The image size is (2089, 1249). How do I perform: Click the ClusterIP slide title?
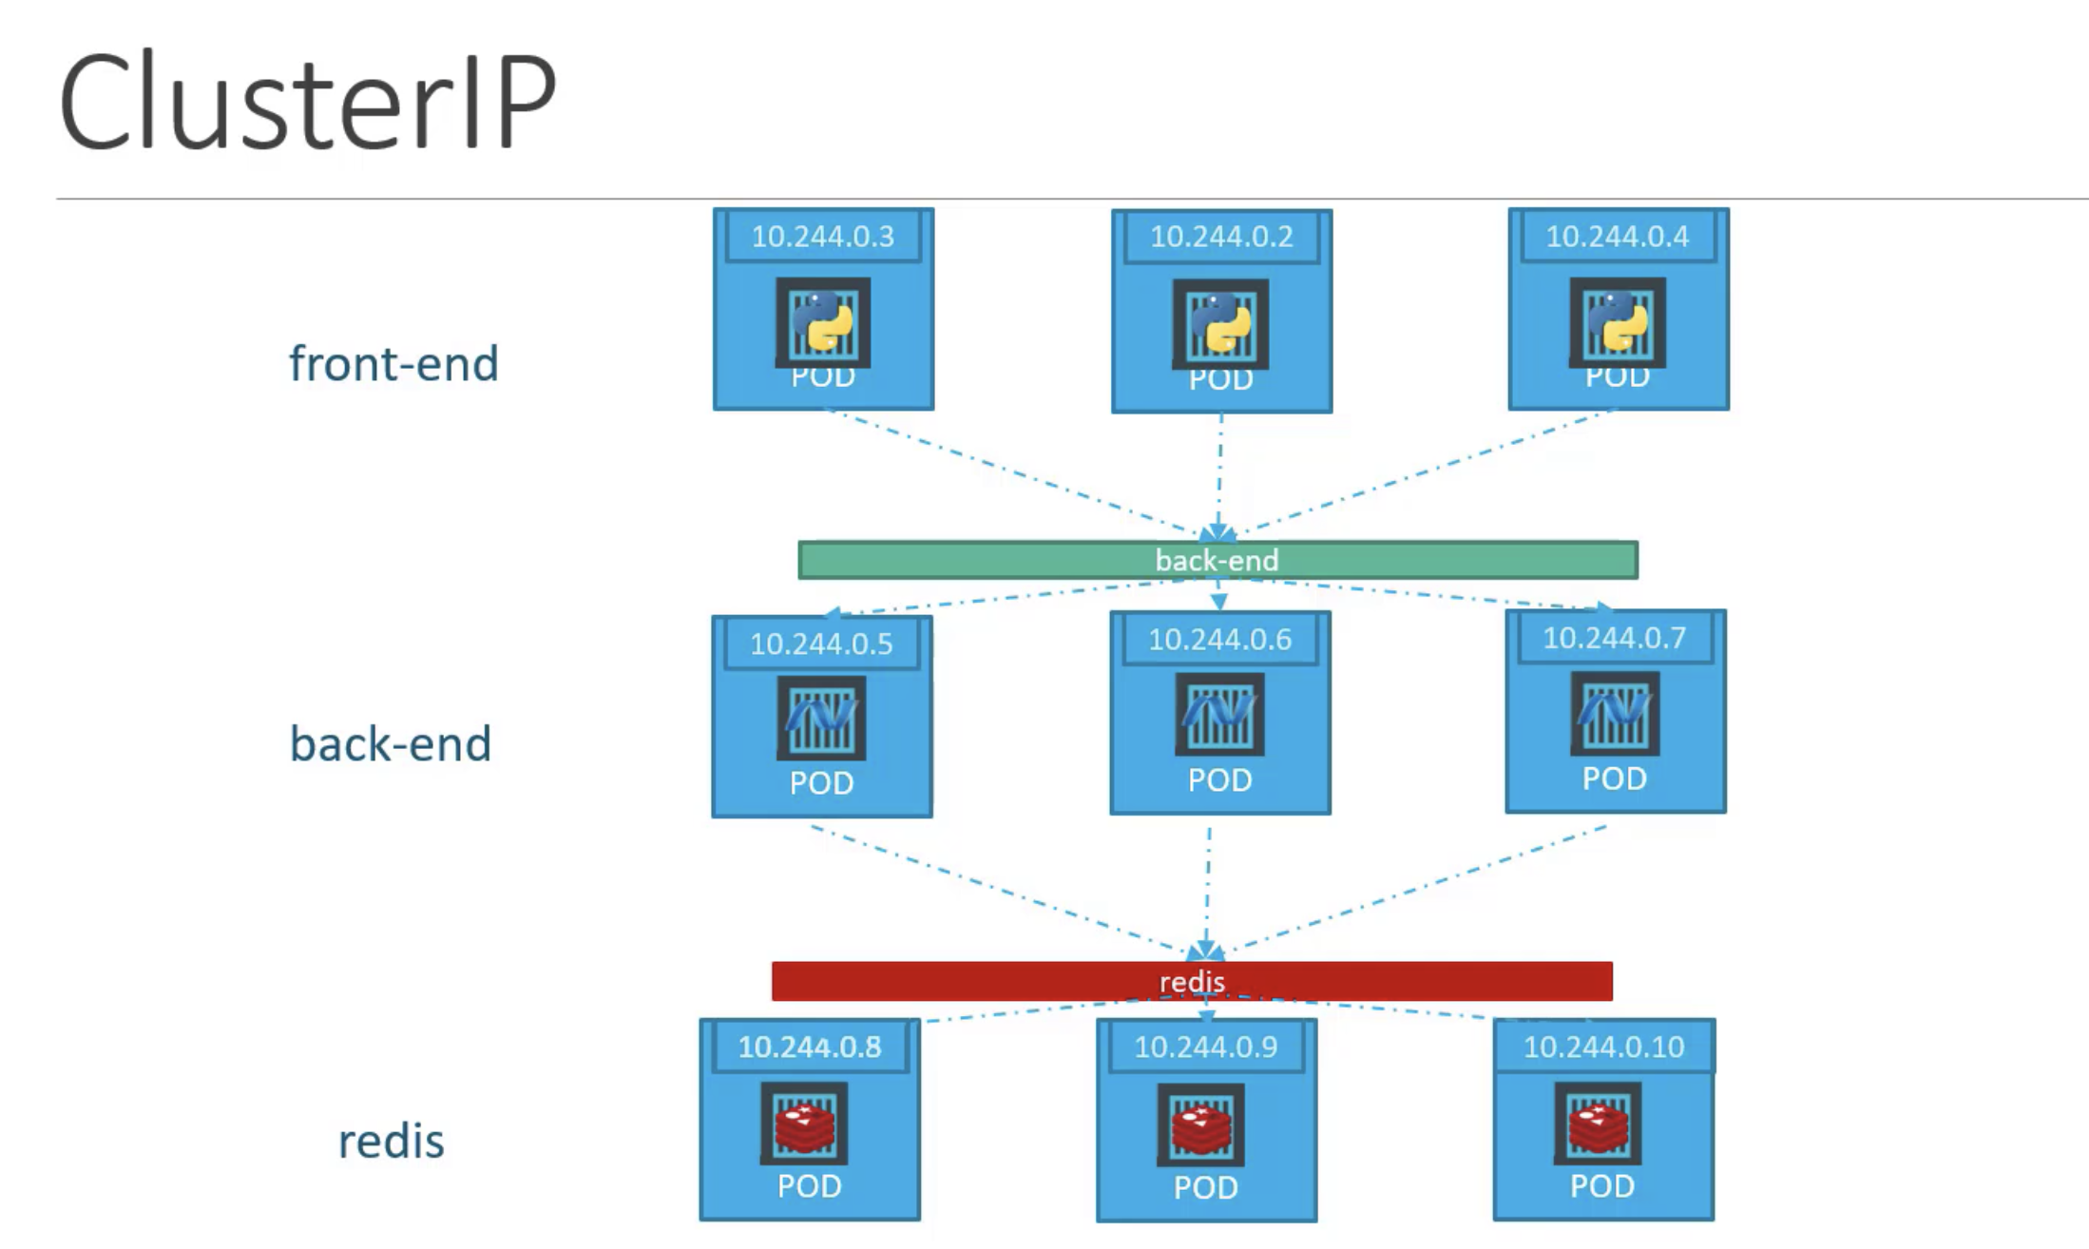(307, 102)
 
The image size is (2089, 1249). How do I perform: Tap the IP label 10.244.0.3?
(823, 237)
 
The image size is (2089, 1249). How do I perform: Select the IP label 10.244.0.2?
(1221, 237)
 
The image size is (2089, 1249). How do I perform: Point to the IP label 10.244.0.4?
(1618, 237)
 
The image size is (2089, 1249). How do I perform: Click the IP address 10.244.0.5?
(821, 644)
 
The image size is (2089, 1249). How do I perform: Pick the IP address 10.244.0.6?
(1219, 640)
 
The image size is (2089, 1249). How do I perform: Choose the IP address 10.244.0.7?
(1615, 638)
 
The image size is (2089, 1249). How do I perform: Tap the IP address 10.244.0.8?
(810, 1047)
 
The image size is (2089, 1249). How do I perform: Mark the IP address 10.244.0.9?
(1206, 1047)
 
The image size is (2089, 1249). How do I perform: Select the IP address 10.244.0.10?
(1603, 1047)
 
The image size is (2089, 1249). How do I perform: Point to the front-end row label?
(393, 364)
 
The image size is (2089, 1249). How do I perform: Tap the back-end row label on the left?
(391, 743)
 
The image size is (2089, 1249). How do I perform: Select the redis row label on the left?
(392, 1141)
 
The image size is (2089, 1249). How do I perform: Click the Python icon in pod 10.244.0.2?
(1220, 323)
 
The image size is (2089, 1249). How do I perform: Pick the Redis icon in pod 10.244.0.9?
(1201, 1125)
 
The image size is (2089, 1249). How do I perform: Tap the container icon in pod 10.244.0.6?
(1219, 714)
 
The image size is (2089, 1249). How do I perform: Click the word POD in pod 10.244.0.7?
(1614, 778)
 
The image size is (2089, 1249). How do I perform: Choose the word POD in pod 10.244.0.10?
(1602, 1186)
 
